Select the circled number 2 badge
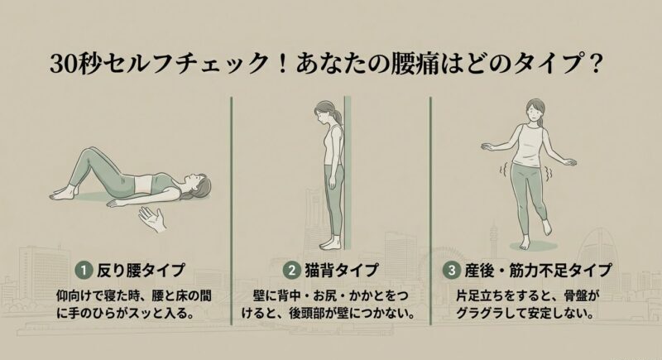[291, 270]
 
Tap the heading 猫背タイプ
[343, 270]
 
